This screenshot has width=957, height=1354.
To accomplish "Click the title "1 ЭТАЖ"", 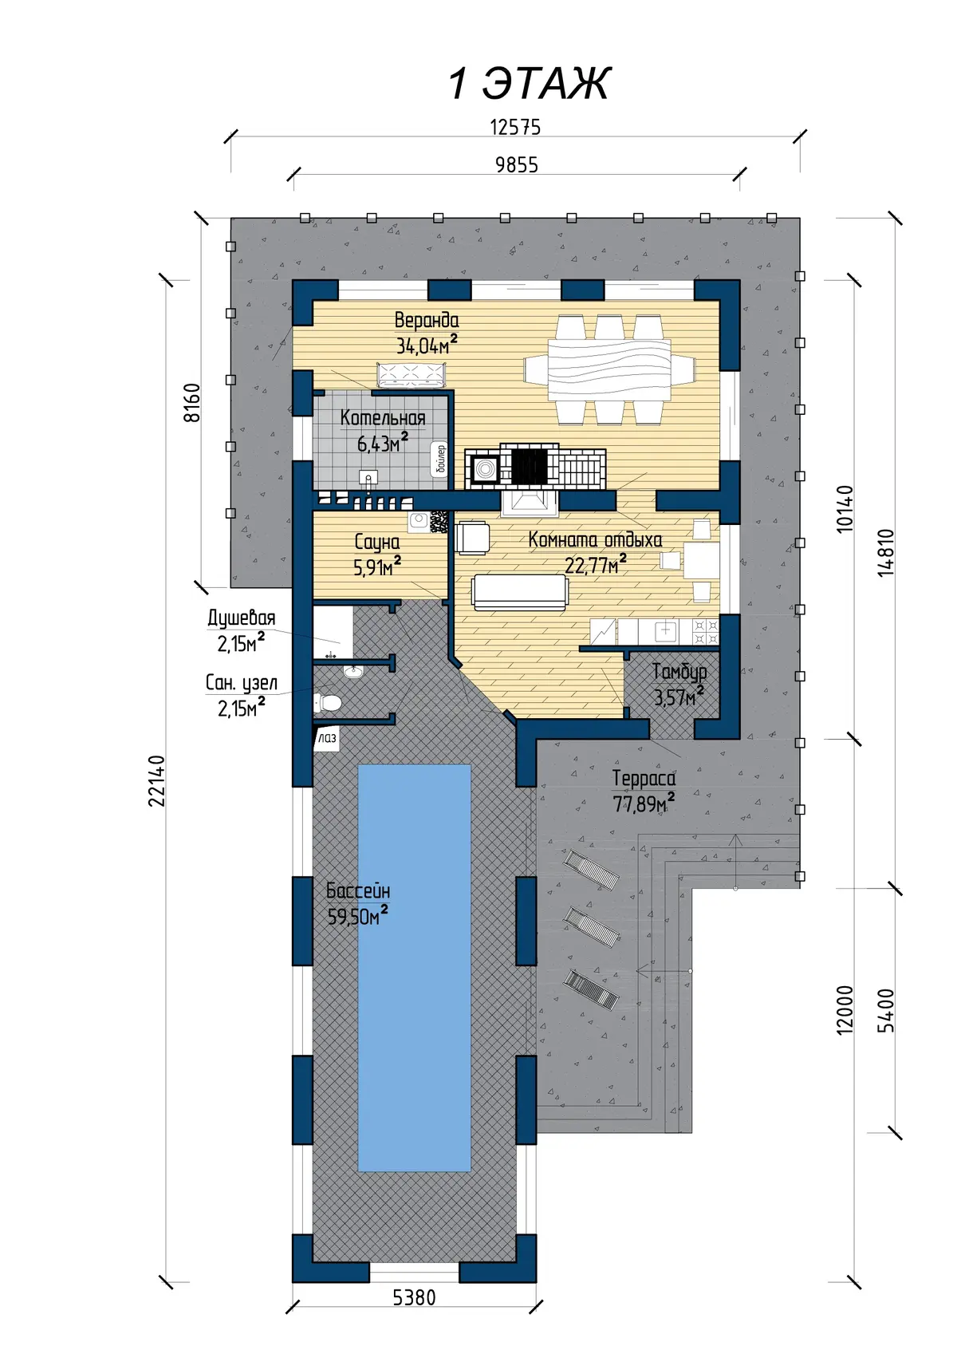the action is (530, 84).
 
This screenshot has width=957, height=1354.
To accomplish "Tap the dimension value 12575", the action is (514, 128).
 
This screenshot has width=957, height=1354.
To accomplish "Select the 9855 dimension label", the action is (517, 165).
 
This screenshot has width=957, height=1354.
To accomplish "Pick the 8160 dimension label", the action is (191, 403).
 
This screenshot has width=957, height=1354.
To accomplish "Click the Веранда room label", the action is (427, 320).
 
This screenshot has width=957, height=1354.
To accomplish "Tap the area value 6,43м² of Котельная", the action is (383, 443).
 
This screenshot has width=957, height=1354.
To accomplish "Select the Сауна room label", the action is (377, 542).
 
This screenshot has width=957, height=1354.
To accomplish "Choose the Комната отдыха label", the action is (595, 540).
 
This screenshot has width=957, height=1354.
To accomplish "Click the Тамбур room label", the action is (679, 672).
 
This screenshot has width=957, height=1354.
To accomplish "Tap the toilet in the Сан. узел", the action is (328, 702).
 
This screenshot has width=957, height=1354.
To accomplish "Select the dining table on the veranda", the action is (609, 369).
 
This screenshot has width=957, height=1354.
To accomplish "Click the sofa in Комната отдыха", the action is (520, 592).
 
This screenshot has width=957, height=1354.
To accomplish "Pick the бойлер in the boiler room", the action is (440, 460).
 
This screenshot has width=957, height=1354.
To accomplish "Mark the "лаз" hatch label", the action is (328, 738).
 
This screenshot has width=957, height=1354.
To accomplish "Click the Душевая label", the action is (242, 618).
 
